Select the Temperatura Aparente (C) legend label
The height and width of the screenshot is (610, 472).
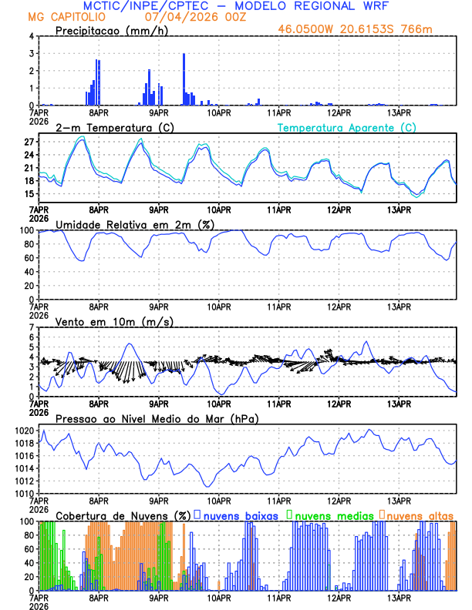click(x=347, y=127)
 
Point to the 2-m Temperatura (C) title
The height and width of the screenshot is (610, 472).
click(x=109, y=127)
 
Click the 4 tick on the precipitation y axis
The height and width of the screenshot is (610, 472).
click(x=32, y=36)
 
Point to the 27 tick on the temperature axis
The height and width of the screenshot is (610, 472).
click(x=29, y=142)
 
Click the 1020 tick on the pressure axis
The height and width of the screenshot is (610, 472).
click(x=24, y=431)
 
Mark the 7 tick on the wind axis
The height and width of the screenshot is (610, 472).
click(x=32, y=327)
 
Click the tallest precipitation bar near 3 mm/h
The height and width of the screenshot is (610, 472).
click(x=184, y=79)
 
